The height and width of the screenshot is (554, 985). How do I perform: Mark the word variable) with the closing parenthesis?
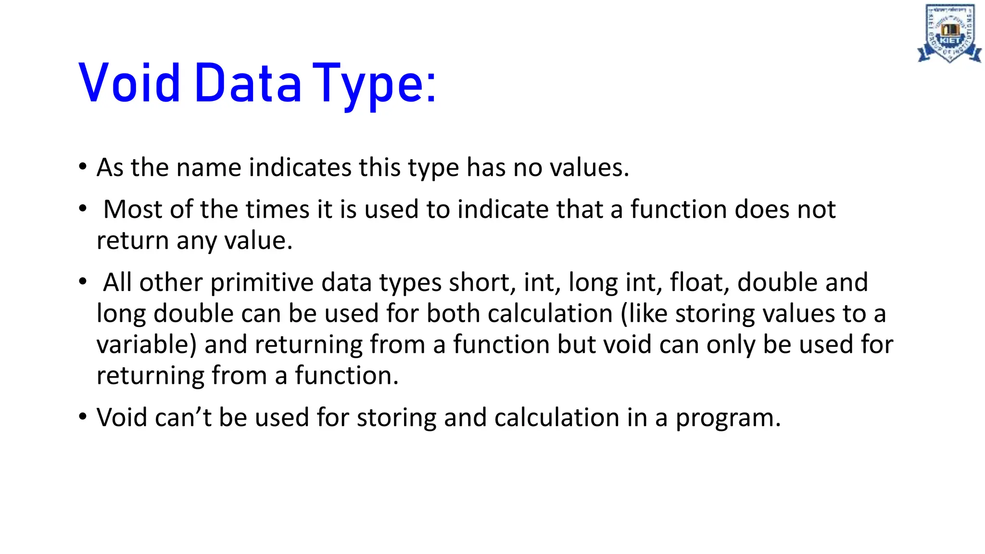[x=147, y=345]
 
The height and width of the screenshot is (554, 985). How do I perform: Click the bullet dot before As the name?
[x=83, y=167]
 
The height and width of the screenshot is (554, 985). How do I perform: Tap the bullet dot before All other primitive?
[x=83, y=281]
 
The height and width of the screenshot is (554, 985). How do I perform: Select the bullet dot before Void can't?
[x=83, y=416]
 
